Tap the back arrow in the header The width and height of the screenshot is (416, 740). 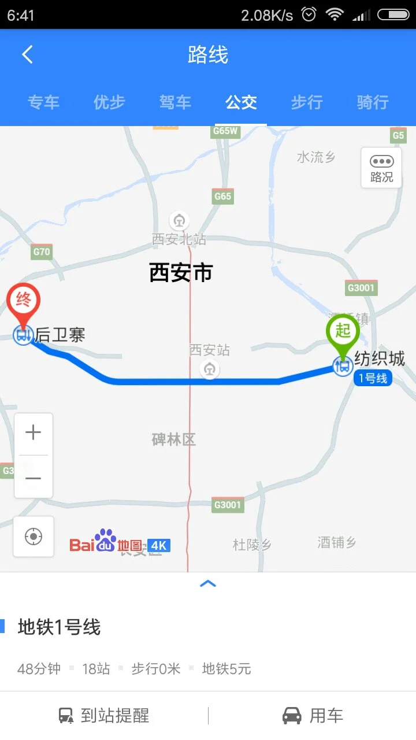point(27,55)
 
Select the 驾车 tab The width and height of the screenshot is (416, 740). point(175,103)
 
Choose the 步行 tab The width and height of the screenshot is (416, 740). point(307,103)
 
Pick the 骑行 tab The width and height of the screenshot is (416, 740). point(373,103)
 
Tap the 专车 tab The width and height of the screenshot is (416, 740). point(43,103)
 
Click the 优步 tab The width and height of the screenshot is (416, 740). point(109,103)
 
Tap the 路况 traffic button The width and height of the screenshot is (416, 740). point(381,168)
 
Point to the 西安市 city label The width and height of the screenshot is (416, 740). point(181,272)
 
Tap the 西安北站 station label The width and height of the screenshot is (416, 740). point(179,239)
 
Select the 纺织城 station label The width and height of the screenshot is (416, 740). point(380,359)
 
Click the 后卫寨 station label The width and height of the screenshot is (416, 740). point(60,335)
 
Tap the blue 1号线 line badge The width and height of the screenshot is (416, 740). point(373,379)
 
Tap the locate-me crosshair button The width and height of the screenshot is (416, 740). point(34,536)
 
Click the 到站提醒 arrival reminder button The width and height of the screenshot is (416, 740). point(104,716)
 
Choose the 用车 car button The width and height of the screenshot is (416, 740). point(313,716)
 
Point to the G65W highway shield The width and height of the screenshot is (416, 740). point(225,131)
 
